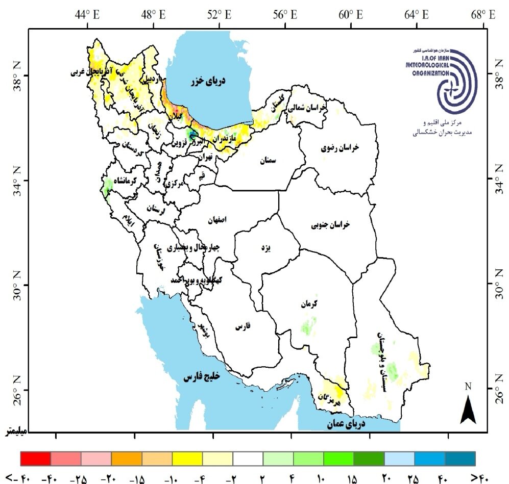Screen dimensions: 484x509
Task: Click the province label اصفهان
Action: [x=216, y=220]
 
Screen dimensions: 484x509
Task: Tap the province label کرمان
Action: [x=308, y=304]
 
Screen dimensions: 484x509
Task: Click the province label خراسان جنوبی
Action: [x=331, y=224]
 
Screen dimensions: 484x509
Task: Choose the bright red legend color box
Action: [x=35, y=458]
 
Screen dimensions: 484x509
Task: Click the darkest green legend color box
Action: [x=369, y=458]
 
